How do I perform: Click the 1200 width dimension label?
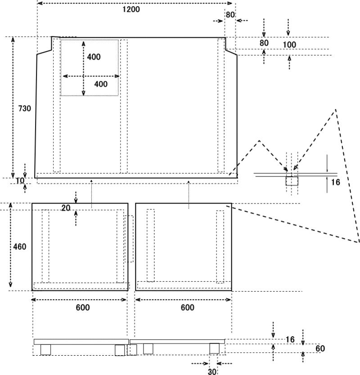point(131,9)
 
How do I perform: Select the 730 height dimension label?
point(25,108)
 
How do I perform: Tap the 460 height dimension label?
point(20,247)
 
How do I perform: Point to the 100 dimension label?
point(289,45)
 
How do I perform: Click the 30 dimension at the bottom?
point(212,371)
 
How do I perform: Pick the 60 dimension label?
point(320,348)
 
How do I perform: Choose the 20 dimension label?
point(66,208)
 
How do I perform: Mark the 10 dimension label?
point(20,181)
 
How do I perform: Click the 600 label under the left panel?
point(83,307)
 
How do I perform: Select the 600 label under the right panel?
point(187,307)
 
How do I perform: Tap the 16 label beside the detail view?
point(335,182)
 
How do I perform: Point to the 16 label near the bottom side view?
point(290,339)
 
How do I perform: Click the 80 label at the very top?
point(230,15)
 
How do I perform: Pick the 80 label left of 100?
point(264,43)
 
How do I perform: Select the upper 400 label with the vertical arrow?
point(94,57)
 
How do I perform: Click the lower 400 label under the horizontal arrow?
point(101,84)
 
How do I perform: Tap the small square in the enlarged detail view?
point(292,181)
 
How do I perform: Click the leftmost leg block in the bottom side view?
point(45,350)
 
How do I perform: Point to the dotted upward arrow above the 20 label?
point(91,194)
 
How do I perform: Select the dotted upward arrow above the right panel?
point(189,194)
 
